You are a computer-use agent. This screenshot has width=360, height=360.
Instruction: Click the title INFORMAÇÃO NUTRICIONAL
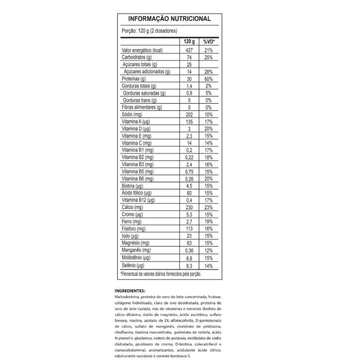coord(170,19)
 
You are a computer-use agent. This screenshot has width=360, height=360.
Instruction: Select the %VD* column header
coord(209,41)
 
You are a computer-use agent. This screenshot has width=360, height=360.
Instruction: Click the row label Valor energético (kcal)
coord(142,50)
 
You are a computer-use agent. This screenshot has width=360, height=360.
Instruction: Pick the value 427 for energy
coord(189,50)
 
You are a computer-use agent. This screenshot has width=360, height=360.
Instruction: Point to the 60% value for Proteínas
coord(208,79)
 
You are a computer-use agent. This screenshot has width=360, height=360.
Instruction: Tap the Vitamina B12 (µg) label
coord(138,200)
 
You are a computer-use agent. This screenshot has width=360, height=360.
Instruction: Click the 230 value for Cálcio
coord(189,207)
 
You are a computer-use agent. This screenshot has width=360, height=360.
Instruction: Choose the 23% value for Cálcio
coord(208,207)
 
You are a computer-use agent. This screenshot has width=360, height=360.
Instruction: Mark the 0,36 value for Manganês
coord(189,250)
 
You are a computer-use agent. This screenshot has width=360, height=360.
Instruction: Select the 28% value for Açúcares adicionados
coord(208,72)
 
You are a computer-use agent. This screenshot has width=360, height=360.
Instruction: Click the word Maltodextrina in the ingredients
coord(127,297)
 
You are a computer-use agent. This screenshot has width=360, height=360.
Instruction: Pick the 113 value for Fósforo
coord(189,229)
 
